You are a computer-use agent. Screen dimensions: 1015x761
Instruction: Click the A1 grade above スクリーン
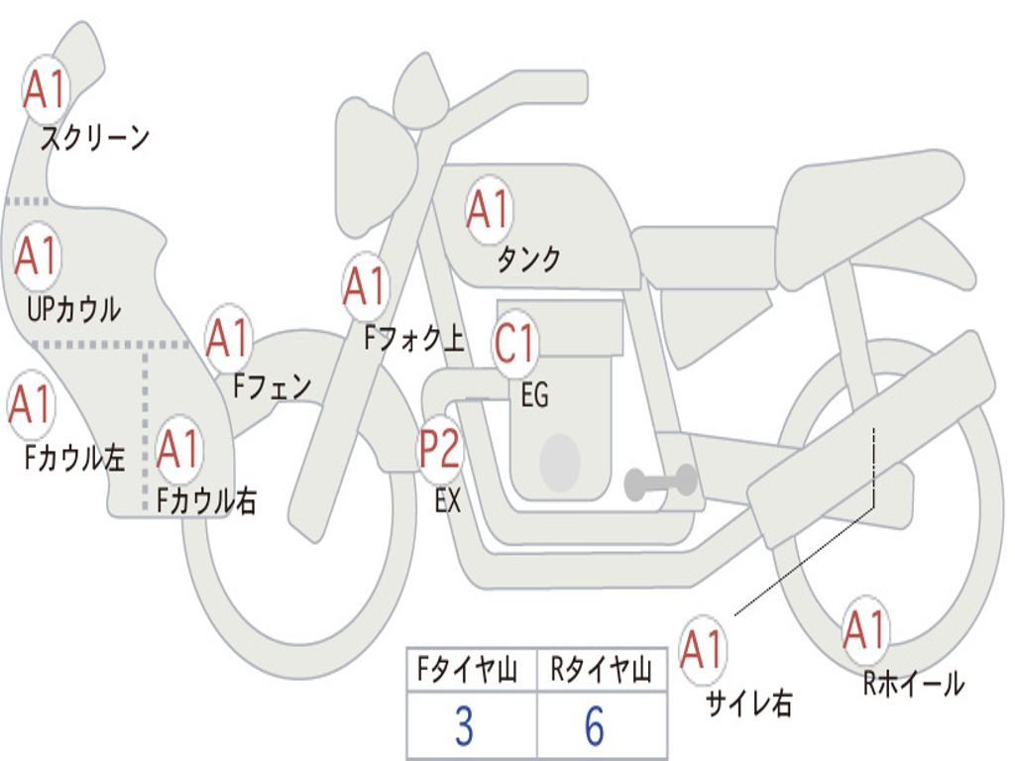(46, 89)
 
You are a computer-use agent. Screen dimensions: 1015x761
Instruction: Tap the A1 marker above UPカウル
(37, 256)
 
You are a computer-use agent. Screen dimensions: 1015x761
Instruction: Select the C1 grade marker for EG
(514, 343)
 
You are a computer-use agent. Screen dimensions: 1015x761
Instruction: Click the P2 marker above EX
(439, 449)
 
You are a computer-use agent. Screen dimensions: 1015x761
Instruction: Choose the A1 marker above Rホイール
(865, 629)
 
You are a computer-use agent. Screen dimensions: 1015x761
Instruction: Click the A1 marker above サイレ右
(703, 649)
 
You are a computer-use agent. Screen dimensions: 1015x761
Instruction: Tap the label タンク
(529, 259)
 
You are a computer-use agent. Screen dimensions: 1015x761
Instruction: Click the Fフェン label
(273, 387)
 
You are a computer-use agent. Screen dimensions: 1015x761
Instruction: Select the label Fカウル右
(206, 499)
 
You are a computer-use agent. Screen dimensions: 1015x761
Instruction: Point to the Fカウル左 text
(74, 458)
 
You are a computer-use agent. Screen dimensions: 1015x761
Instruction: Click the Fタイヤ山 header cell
(472, 670)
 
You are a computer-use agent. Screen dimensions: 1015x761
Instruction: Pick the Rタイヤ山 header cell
(602, 670)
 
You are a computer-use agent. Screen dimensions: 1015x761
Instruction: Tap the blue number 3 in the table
(464, 726)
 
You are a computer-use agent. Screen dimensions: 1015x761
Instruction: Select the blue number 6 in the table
(595, 726)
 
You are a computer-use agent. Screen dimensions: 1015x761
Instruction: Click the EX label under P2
(448, 500)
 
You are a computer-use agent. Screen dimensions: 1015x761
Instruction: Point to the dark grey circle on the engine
(560, 462)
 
